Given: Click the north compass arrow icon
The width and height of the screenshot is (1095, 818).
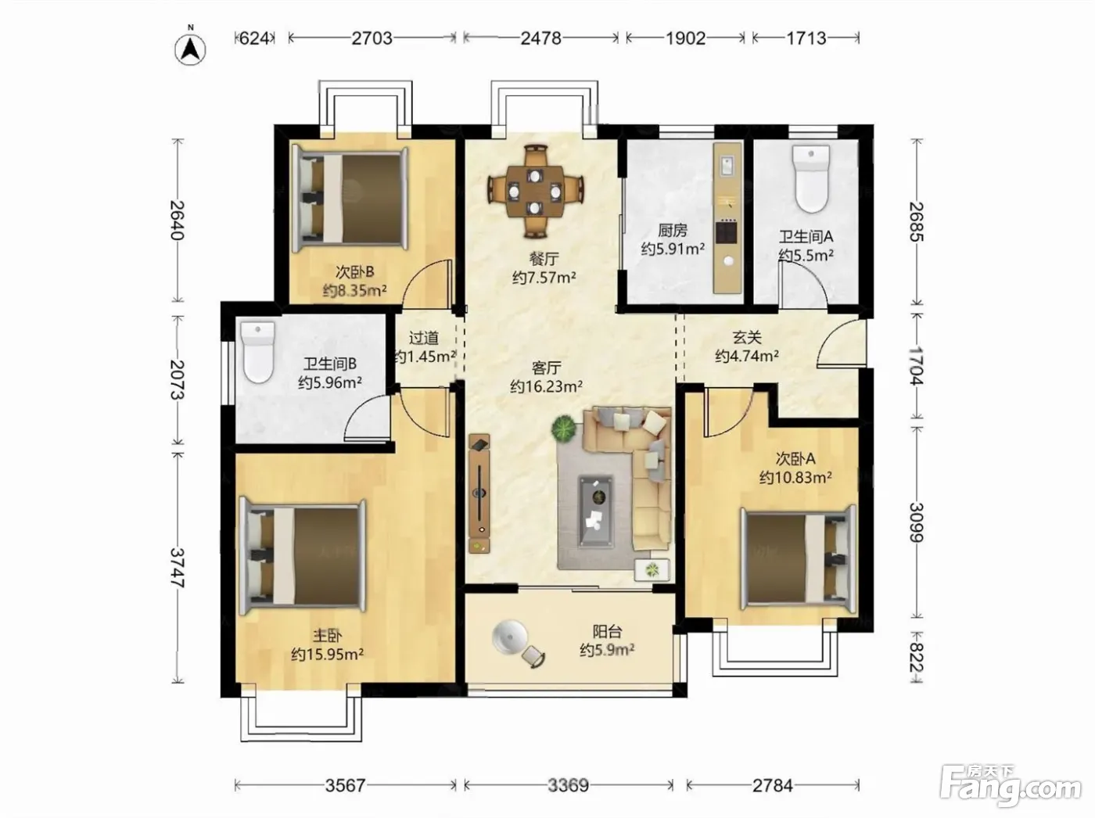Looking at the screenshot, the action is pos(190,50).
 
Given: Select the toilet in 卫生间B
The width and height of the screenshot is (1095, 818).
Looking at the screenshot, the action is pos(258,352).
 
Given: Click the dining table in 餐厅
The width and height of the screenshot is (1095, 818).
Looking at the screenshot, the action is pos(535,191).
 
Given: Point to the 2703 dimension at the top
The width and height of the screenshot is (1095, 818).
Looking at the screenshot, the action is pos(372,38).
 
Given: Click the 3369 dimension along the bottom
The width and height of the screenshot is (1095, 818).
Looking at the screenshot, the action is pos(568,785).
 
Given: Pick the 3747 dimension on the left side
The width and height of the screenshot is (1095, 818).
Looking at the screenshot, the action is pos(178,568).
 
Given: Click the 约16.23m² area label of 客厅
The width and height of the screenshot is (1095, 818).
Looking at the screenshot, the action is pos(546,386).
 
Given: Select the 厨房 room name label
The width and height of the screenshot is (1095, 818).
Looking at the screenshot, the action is pos(673,231).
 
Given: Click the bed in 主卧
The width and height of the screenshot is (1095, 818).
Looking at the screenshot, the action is pos(303,555).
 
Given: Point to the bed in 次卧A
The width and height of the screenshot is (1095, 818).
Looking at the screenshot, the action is pos(799,558).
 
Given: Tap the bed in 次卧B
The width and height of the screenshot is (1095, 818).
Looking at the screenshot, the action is pos(350,199).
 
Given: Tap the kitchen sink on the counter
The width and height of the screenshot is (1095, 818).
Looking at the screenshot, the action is pos(727,165).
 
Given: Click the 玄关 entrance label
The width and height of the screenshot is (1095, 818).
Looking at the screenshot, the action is pos(747,338).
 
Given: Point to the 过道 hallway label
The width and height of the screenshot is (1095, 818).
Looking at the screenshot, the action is pos(424,338).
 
